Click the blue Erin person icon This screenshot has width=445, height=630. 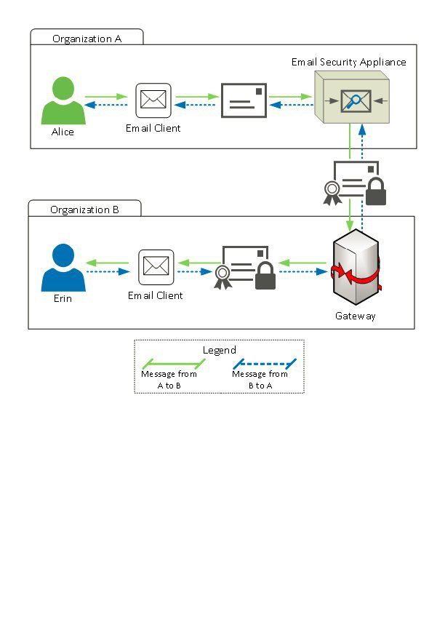point(63,268)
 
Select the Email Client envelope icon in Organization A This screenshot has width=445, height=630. point(153,100)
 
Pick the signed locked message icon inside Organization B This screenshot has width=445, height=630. point(246,267)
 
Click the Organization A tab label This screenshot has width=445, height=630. point(87,39)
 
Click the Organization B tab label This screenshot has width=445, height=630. point(84,210)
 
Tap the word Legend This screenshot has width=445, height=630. point(219,350)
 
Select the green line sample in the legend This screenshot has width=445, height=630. point(169,362)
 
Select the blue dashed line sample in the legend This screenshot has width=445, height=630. point(263,362)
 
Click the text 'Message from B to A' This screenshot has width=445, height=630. point(260,379)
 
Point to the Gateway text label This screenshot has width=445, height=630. point(356,316)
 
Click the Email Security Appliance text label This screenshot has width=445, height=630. point(349,62)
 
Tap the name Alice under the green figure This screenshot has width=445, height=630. point(63,132)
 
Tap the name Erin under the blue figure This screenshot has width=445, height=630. point(63,299)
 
